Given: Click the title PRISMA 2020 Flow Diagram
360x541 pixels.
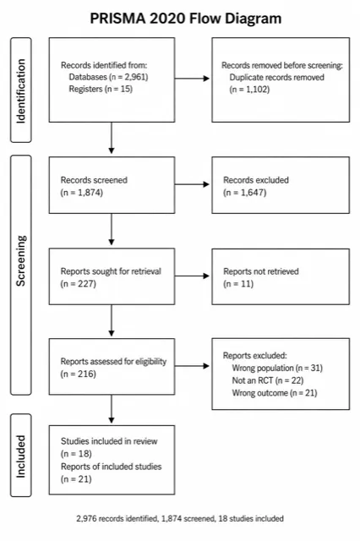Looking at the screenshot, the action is tap(186, 19).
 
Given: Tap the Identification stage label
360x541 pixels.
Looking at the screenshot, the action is tap(20, 90).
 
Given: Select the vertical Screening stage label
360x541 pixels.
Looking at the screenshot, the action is tap(20, 260).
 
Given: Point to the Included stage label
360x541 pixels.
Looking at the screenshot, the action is tap(20, 456).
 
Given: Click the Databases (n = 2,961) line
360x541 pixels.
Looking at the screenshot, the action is tap(108, 77).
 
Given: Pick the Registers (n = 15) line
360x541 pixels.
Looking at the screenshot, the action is tap(101, 89).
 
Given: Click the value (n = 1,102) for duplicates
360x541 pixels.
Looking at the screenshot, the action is tap(249, 90).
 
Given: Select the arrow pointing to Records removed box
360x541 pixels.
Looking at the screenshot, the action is tap(192, 79).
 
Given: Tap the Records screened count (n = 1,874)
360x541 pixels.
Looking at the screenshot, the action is tap(81, 192).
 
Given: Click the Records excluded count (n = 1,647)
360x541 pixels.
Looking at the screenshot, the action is tap(244, 192).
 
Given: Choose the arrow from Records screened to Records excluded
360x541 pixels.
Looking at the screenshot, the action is tap(192, 184).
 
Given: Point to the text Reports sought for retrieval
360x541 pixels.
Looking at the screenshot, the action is tap(111, 271).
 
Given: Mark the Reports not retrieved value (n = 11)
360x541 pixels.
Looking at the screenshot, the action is tap(238, 284).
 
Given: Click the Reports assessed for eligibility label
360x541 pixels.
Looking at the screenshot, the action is tap(113, 362).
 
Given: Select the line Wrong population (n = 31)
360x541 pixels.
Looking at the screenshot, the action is tap(277, 368).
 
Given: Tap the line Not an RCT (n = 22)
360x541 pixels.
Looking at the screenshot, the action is tap(268, 380).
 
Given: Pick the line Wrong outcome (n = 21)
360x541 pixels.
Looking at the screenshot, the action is tap(275, 392).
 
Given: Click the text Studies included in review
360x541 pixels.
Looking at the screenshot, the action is tap(109, 441).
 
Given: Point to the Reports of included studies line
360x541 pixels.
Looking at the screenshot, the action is tap(111, 467).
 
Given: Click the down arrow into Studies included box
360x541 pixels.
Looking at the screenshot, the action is tap(112, 409).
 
